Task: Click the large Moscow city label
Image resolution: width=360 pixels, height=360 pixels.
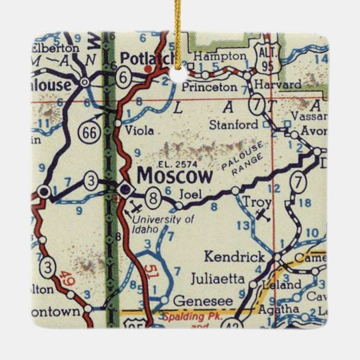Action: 175,176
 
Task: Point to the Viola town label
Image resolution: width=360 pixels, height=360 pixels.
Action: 138,123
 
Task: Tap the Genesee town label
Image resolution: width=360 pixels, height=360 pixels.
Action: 195,300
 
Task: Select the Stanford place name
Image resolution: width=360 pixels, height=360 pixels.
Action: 233,125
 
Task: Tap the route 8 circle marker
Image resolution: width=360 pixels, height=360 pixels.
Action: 153,197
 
